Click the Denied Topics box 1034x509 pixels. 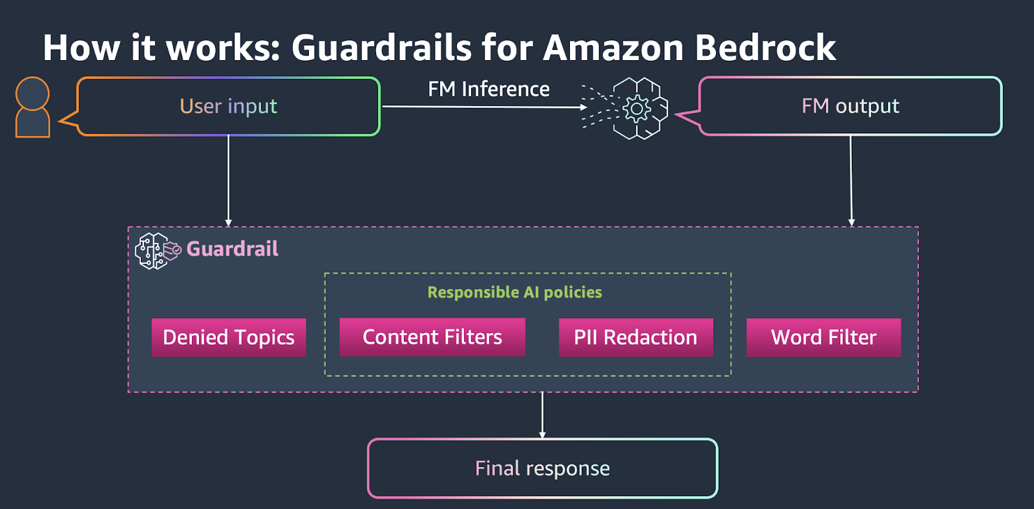pyautogui.click(x=228, y=337)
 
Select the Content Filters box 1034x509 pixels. pyautogui.click(x=432, y=337)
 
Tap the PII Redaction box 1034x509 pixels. pyautogui.click(x=635, y=337)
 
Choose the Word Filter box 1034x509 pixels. pyautogui.click(x=823, y=337)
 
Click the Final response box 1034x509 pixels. pyautogui.click(x=542, y=468)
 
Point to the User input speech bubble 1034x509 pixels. pyautogui.click(x=228, y=106)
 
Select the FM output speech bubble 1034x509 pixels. pyautogui.click(x=850, y=106)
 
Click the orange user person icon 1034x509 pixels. pyautogui.click(x=32, y=107)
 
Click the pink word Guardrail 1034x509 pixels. pyautogui.click(x=232, y=249)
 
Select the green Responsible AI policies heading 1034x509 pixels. pyautogui.click(x=514, y=292)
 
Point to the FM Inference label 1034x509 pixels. pyautogui.click(x=489, y=89)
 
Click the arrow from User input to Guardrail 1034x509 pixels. pyautogui.click(x=228, y=181)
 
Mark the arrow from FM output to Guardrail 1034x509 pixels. pyautogui.click(x=850, y=181)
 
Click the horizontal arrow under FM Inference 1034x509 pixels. pyautogui.click(x=485, y=107)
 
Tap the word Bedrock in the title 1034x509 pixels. pyautogui.click(x=765, y=48)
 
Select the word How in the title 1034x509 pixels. pyautogui.click(x=81, y=48)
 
